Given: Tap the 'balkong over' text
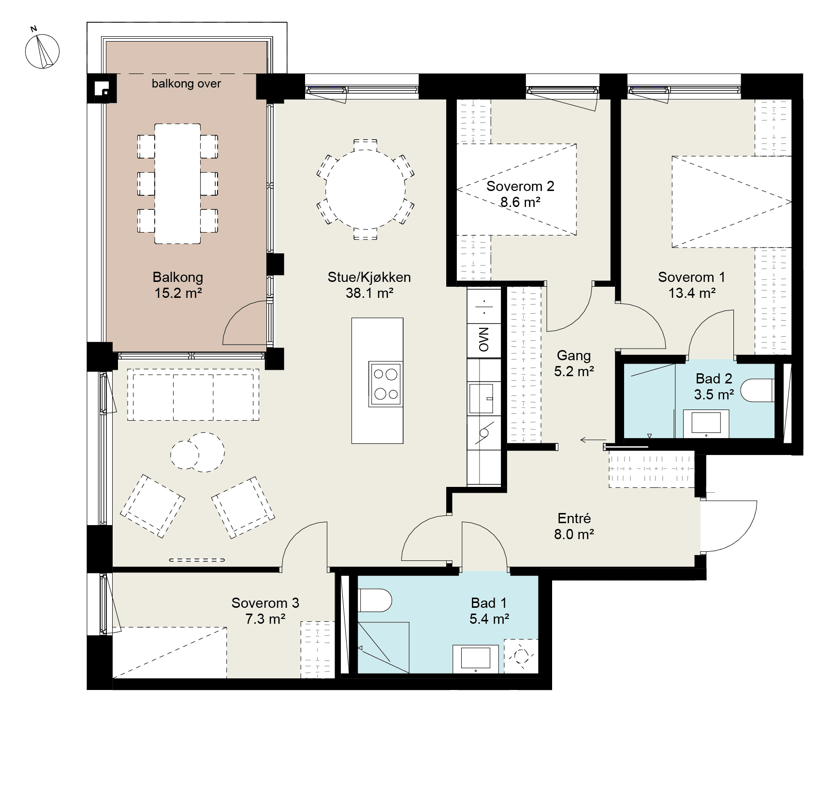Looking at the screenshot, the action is click(186, 84).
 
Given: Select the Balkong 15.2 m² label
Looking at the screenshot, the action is click(178, 285).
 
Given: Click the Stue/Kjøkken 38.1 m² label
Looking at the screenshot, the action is click(369, 285).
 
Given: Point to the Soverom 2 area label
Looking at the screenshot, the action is click(520, 194).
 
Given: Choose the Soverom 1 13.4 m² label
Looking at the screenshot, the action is click(692, 285).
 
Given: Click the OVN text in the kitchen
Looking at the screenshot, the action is click(483, 339).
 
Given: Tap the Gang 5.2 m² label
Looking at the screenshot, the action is click(574, 363).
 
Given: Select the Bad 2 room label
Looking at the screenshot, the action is click(714, 386).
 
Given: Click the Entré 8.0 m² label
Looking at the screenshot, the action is click(574, 526).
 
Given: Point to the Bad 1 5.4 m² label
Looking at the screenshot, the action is click(489, 611).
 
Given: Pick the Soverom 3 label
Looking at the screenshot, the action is click(265, 611).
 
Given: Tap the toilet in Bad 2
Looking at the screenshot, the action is click(758, 390).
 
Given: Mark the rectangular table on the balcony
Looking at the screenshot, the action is click(177, 184).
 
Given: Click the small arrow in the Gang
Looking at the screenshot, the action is click(589, 440).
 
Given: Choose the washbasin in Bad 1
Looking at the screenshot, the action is click(476, 659).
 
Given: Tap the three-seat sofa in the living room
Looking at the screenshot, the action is click(193, 395).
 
